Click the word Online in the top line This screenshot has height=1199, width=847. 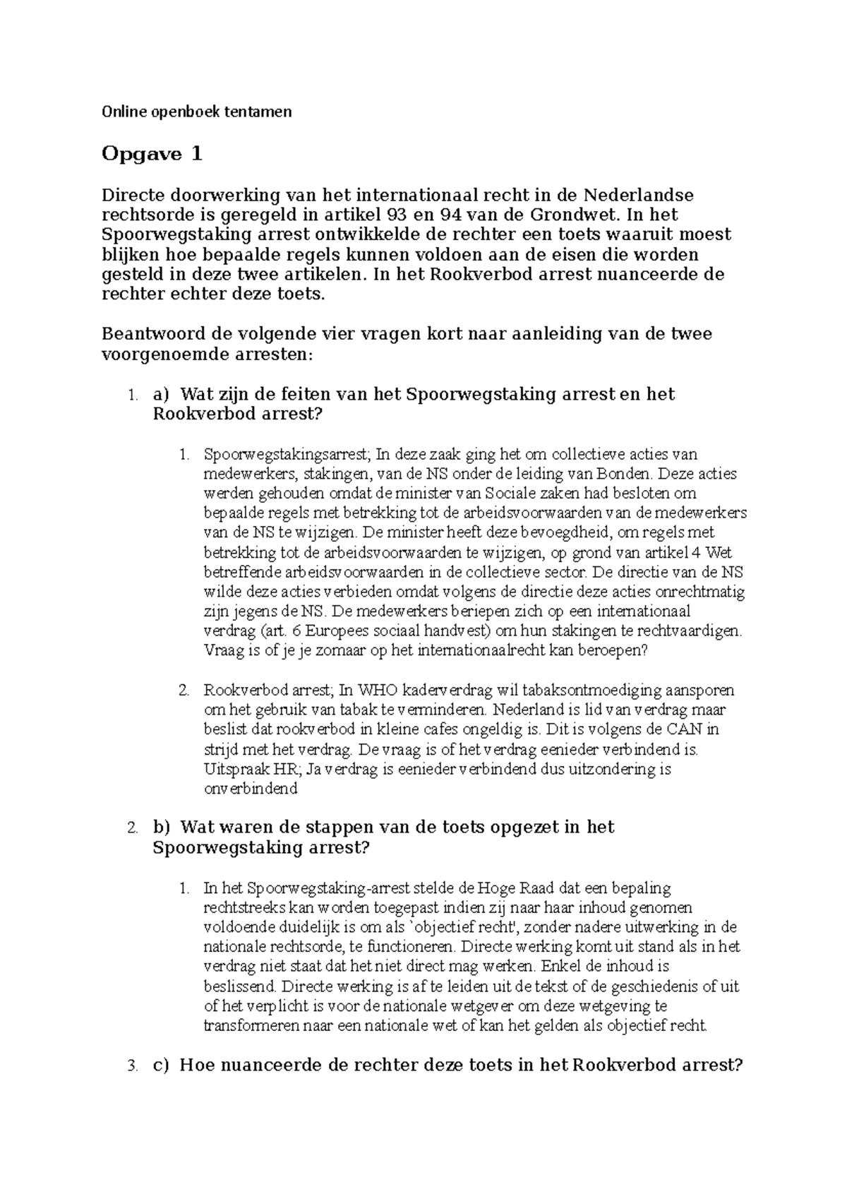(120, 112)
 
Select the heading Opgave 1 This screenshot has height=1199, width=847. (152, 154)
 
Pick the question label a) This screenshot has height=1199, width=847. (162, 394)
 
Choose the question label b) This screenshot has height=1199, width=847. (162, 827)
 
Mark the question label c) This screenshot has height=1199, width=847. (162, 1065)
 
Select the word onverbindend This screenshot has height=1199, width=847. (251, 789)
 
